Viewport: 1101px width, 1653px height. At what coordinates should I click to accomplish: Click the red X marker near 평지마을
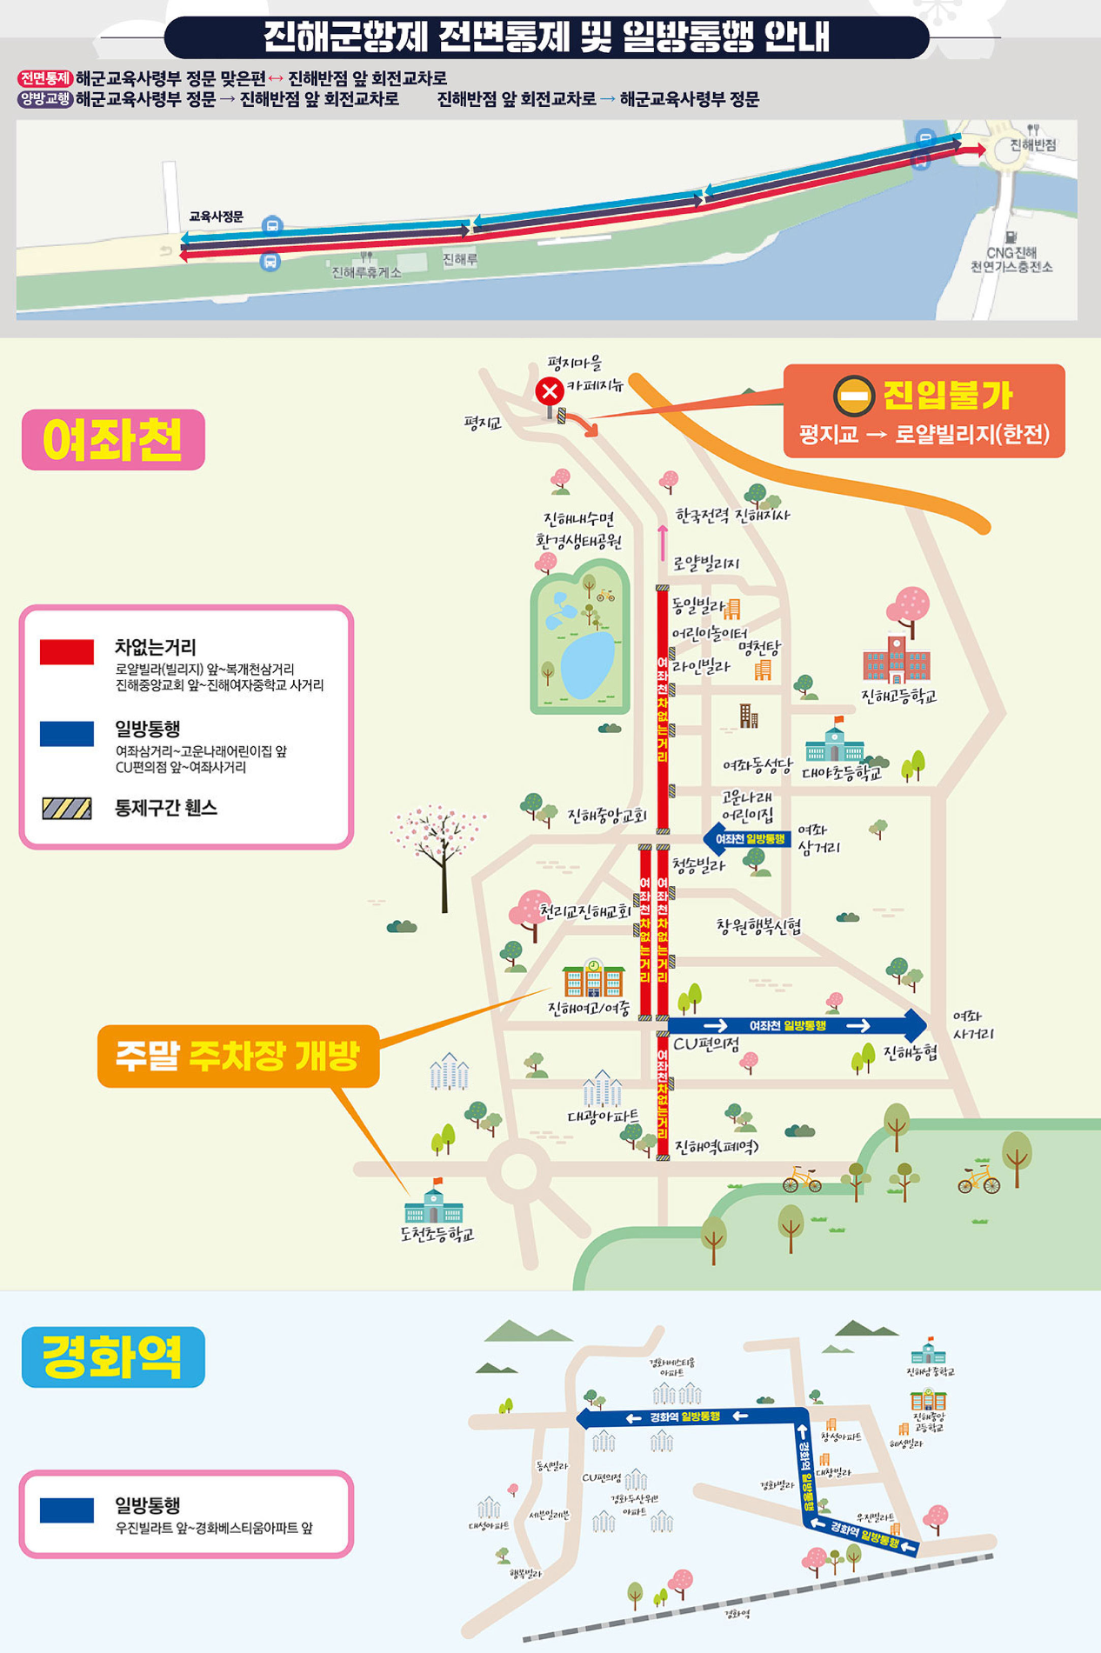click(549, 391)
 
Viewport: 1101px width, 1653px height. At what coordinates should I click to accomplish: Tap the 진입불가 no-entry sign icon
click(853, 397)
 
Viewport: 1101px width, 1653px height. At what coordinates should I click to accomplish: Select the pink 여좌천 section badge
click(113, 440)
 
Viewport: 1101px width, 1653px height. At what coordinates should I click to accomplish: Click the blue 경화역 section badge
click(113, 1356)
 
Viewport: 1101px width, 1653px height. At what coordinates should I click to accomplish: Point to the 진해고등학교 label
click(898, 697)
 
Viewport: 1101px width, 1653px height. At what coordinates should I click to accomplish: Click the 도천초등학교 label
click(437, 1234)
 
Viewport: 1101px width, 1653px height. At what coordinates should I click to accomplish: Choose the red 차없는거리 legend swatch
click(67, 652)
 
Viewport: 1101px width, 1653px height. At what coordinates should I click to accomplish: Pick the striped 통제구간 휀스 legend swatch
click(67, 808)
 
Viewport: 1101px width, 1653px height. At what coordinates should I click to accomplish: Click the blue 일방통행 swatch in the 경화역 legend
click(67, 1510)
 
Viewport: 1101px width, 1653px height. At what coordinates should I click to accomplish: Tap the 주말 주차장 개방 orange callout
click(238, 1056)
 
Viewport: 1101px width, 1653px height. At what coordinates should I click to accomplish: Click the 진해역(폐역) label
click(717, 1147)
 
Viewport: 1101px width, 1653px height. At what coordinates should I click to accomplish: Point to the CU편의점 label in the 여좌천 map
click(706, 1044)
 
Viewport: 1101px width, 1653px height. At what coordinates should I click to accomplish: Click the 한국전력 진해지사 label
click(732, 516)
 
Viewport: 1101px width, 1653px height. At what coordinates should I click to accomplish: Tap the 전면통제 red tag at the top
click(44, 78)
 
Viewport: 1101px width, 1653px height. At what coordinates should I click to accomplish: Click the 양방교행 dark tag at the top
click(44, 99)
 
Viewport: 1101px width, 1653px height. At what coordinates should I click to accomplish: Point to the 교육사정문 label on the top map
click(217, 217)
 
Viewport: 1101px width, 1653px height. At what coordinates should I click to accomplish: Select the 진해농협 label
click(911, 1053)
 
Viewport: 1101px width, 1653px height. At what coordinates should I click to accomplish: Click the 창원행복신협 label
click(758, 927)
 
